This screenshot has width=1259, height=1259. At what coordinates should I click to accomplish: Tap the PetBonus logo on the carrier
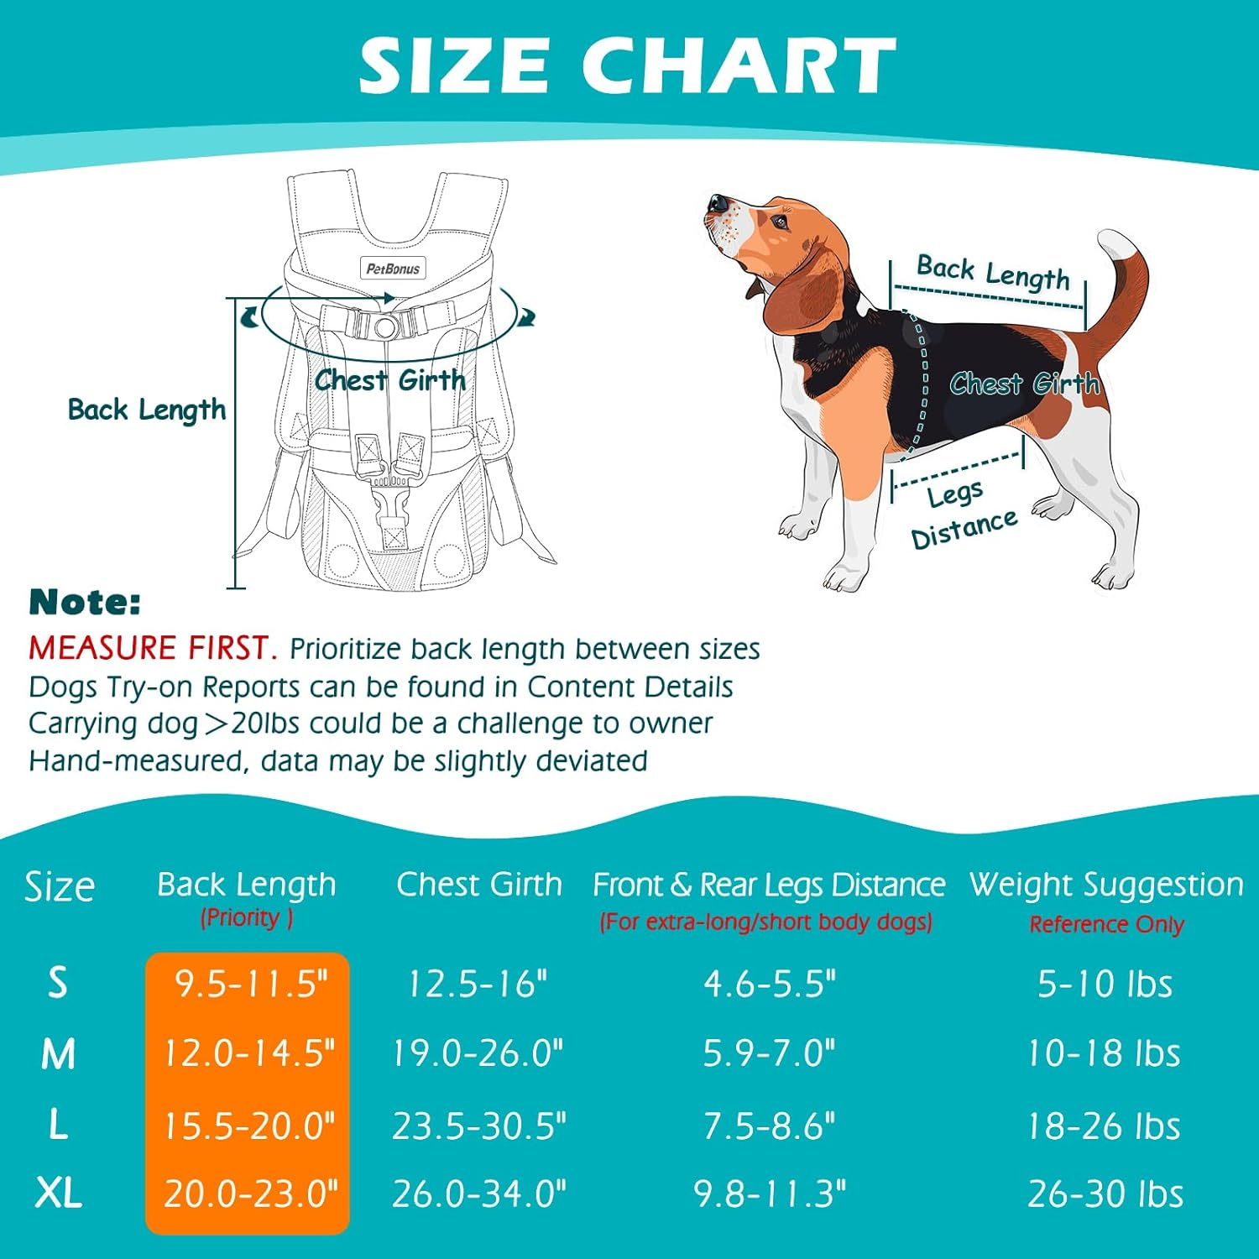(392, 269)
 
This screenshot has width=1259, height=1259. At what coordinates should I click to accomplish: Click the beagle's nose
(718, 203)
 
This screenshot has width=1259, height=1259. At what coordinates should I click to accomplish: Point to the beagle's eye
(781, 223)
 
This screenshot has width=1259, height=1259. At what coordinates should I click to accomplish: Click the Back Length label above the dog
(993, 273)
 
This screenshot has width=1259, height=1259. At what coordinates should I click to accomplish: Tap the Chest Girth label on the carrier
(389, 380)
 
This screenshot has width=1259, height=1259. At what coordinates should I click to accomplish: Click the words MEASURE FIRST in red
(152, 648)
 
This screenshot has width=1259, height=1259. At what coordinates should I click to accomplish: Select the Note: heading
(85, 602)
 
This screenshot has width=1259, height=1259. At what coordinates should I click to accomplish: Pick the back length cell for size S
(249, 983)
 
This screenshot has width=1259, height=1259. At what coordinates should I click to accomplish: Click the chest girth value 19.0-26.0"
(478, 1053)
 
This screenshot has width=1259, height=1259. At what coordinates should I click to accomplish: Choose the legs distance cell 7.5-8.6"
(769, 1126)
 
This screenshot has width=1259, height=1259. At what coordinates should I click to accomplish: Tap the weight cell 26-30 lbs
(1105, 1194)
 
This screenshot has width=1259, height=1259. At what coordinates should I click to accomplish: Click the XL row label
(58, 1193)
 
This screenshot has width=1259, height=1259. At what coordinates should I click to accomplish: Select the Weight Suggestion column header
(1106, 885)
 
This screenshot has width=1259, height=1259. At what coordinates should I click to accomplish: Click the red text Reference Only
(1106, 924)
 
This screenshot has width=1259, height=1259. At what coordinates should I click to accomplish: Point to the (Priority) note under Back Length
(246, 917)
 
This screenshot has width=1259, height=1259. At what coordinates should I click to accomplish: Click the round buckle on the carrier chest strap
(384, 326)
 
